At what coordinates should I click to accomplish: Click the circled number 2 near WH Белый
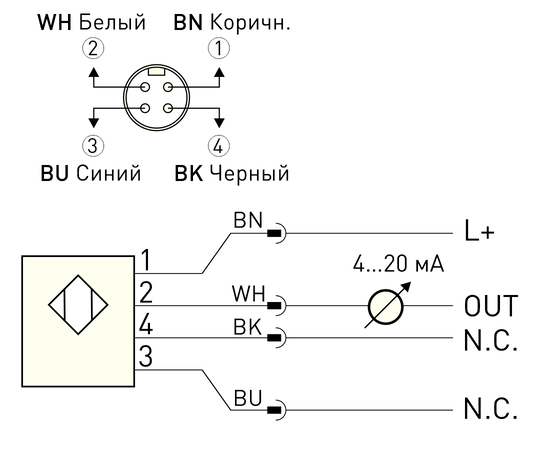93,48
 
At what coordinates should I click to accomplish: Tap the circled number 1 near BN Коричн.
219,48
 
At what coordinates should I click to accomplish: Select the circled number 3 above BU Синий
93,145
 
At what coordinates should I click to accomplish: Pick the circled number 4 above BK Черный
219,145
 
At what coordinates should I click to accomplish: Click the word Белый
112,22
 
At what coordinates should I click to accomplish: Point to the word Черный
249,173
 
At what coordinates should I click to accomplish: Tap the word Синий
109,173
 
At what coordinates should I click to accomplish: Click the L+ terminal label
479,231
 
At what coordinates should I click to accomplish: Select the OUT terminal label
491,306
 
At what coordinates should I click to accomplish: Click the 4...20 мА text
398,264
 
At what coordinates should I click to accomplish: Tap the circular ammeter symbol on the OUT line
385,307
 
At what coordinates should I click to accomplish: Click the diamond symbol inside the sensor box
78,304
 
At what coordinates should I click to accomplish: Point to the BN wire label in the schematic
248,221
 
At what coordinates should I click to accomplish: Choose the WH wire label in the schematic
249,293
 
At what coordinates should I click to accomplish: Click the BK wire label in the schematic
248,327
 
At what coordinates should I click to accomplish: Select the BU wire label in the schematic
248,398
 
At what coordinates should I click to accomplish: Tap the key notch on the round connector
157,71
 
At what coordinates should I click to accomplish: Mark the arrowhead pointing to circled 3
93,123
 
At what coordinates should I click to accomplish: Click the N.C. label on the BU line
491,409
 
